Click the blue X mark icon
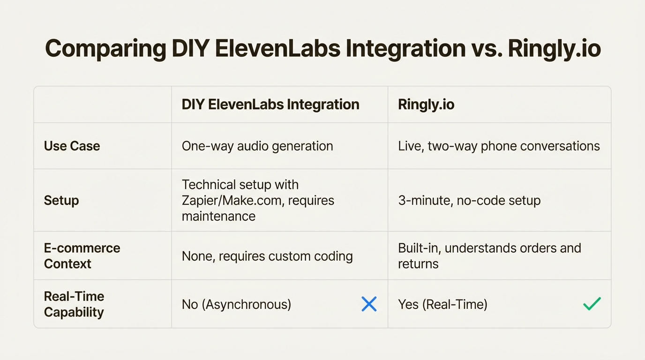[x=369, y=304]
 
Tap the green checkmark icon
[x=592, y=304]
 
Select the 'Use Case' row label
[x=72, y=146]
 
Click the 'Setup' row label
[x=61, y=200]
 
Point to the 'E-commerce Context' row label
[x=82, y=255]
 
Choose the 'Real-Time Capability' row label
[x=74, y=304]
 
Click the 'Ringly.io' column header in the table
[x=426, y=104]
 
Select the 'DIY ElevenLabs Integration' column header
[x=270, y=104]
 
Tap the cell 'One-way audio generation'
[x=257, y=146]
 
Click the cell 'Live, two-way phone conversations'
[x=499, y=146]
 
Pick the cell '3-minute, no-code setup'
[x=469, y=200]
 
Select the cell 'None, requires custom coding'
[x=267, y=256]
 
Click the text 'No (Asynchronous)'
[x=236, y=304]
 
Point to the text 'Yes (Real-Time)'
[x=442, y=304]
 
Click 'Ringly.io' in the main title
[x=554, y=49]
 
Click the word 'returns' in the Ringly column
[x=418, y=264]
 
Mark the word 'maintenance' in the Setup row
[x=218, y=216]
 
